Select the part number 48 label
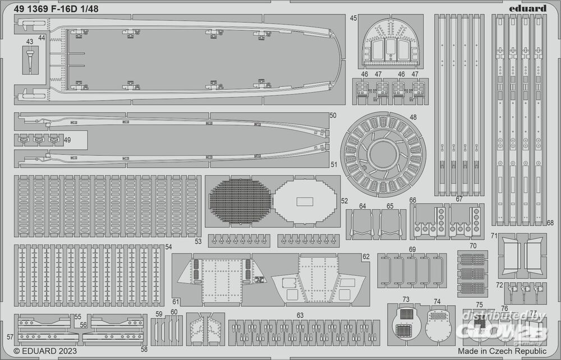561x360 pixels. (x=413, y=118)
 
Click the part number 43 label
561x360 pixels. (x=29, y=41)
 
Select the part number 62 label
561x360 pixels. (x=366, y=257)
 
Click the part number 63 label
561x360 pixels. (x=300, y=316)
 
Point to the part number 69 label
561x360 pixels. (x=412, y=249)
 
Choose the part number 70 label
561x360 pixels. (x=473, y=246)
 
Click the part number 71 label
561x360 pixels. (x=494, y=236)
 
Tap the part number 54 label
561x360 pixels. (x=168, y=247)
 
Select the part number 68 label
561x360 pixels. (x=550, y=223)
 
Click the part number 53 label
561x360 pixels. (x=197, y=242)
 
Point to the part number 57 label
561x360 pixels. (x=10, y=337)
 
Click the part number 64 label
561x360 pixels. (x=362, y=206)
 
